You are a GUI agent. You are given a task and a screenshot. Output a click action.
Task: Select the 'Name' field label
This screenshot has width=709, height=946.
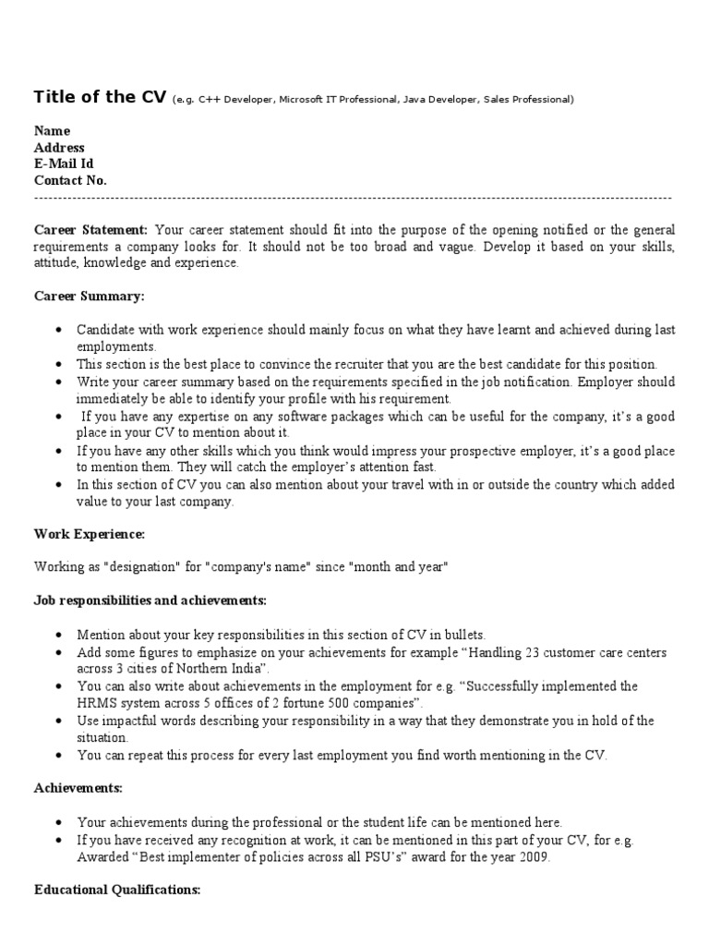click(52, 131)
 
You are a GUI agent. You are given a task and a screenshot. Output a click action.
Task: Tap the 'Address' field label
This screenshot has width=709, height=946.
click(59, 148)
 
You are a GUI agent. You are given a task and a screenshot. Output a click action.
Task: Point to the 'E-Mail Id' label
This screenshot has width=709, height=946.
click(64, 164)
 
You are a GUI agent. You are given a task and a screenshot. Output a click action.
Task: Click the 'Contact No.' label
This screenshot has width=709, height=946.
click(70, 181)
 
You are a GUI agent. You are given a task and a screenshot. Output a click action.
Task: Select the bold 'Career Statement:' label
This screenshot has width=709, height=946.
click(90, 230)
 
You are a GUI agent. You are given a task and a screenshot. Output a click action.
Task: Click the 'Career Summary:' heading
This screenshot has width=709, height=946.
click(89, 297)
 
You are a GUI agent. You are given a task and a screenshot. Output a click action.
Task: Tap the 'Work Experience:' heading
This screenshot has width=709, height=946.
click(90, 534)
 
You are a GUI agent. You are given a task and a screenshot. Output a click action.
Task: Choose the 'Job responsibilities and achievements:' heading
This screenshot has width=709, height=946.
click(150, 600)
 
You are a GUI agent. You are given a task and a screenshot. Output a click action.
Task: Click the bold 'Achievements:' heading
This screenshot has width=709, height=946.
click(78, 788)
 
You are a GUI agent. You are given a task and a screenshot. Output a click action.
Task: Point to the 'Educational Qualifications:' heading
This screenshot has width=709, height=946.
click(117, 890)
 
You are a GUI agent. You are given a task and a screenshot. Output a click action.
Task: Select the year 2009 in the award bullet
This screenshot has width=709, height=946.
click(535, 857)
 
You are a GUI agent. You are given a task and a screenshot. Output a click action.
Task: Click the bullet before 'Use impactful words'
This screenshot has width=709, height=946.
click(59, 722)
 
